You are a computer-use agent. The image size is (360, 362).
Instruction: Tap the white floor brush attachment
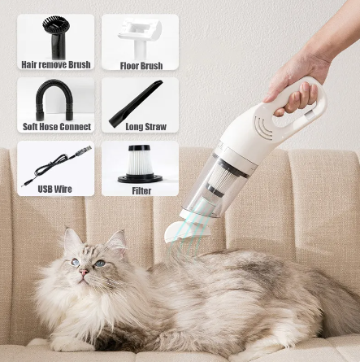[140, 34]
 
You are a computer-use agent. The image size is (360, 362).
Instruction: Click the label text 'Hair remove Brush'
[55, 65]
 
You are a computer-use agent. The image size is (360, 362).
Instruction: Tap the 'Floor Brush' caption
[141, 65]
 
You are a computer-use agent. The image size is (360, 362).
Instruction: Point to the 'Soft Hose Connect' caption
[55, 128]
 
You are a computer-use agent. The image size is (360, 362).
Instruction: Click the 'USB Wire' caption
[55, 190]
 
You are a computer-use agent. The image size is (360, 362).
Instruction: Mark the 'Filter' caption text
[141, 191]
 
